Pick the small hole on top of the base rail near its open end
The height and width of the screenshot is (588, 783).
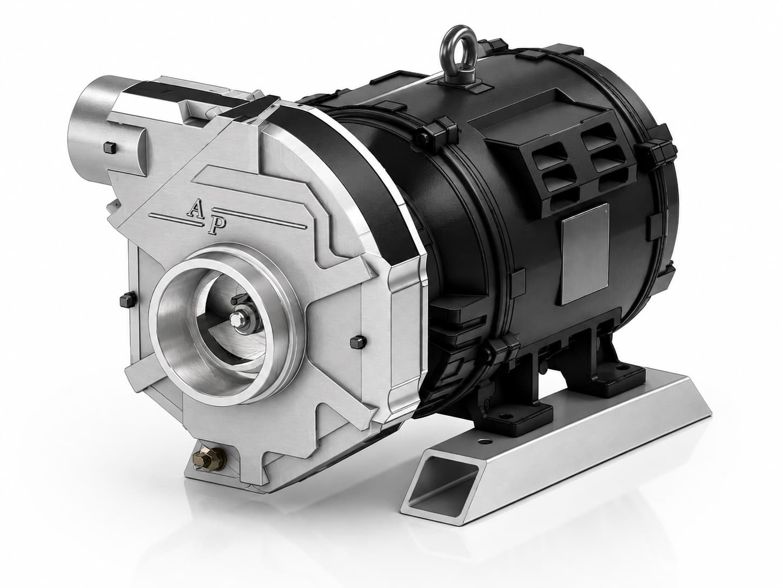(x=483, y=442)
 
